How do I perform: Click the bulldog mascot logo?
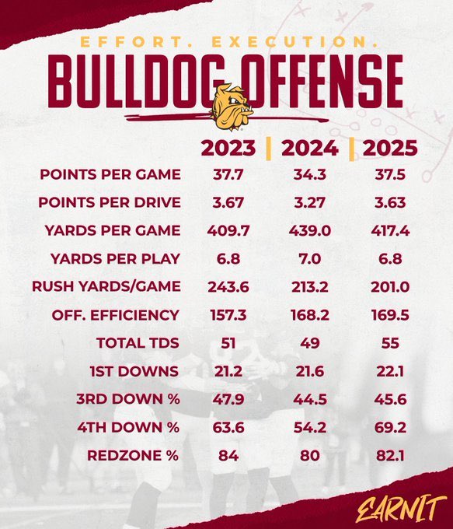(232, 107)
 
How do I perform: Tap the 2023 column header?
(228, 148)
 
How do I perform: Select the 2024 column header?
(309, 148)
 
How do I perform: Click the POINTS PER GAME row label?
(110, 174)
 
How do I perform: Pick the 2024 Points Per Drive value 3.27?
(309, 202)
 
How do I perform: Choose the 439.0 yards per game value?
(309, 230)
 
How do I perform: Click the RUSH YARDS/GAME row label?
(106, 286)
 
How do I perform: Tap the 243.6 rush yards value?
(228, 286)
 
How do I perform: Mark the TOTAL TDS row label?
(138, 342)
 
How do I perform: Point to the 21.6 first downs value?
(309, 370)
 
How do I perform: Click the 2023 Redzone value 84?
(228, 455)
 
